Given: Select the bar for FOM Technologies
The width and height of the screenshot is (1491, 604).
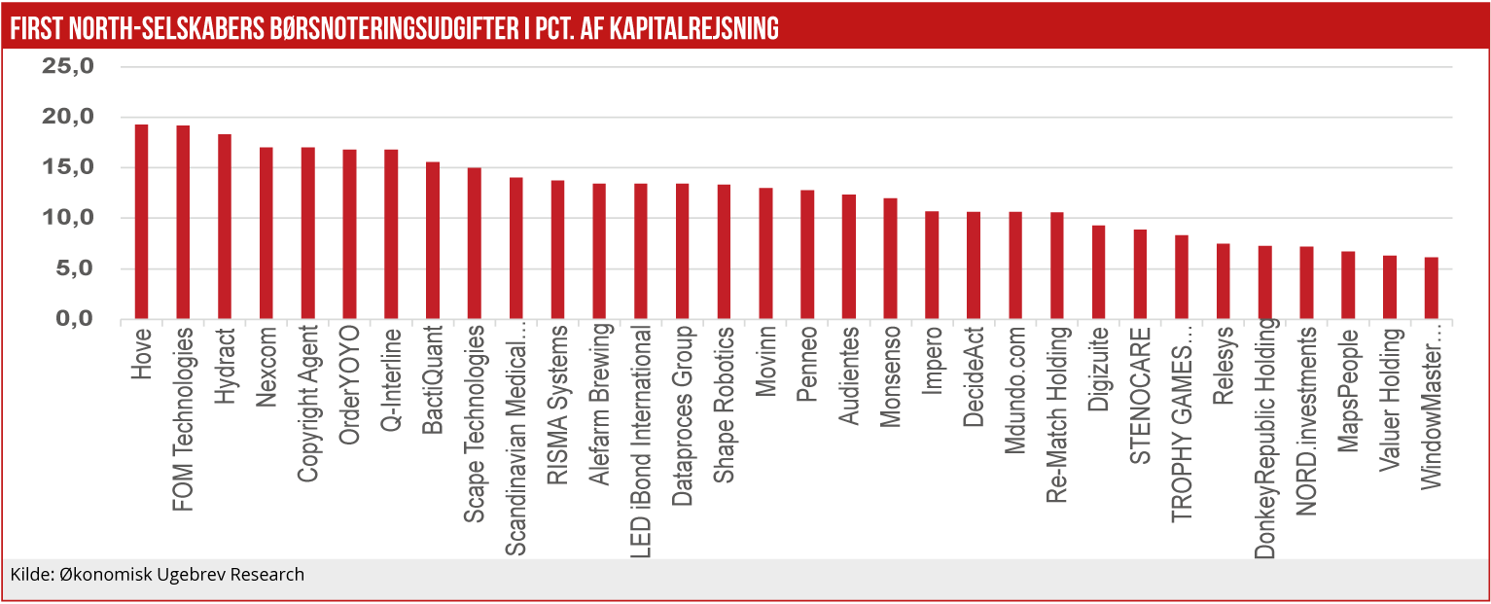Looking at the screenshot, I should click(x=183, y=223).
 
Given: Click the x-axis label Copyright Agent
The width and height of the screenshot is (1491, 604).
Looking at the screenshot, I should click(x=307, y=405).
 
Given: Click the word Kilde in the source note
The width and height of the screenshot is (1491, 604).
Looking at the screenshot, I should click(x=27, y=575).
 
